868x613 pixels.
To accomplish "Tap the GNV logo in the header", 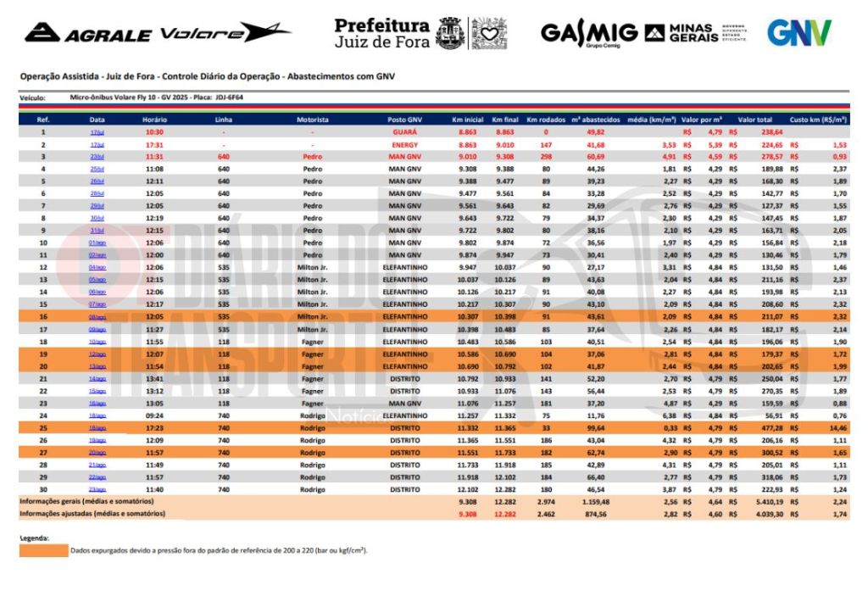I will tap(798, 32).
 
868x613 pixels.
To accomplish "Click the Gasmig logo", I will tap(589, 33).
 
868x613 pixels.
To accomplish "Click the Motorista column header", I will tap(312, 120).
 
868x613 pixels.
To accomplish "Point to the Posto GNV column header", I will tap(404, 120).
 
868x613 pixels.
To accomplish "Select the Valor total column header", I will tap(754, 120).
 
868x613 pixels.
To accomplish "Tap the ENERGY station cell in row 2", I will tap(404, 145).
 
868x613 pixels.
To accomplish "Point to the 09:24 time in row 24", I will tap(154, 416).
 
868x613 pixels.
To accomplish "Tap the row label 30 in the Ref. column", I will tap(42, 489).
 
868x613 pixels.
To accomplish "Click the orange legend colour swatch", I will tap(42, 550).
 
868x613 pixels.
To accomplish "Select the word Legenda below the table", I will tap(34, 538).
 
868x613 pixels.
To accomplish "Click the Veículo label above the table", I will tap(32, 98).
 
